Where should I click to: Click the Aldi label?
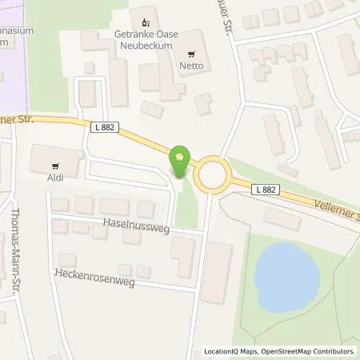[55, 179]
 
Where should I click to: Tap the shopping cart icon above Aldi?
[55, 167]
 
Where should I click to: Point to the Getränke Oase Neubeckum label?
[146, 38]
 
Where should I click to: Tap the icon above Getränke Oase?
[145, 21]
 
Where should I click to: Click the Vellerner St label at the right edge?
[335, 214]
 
